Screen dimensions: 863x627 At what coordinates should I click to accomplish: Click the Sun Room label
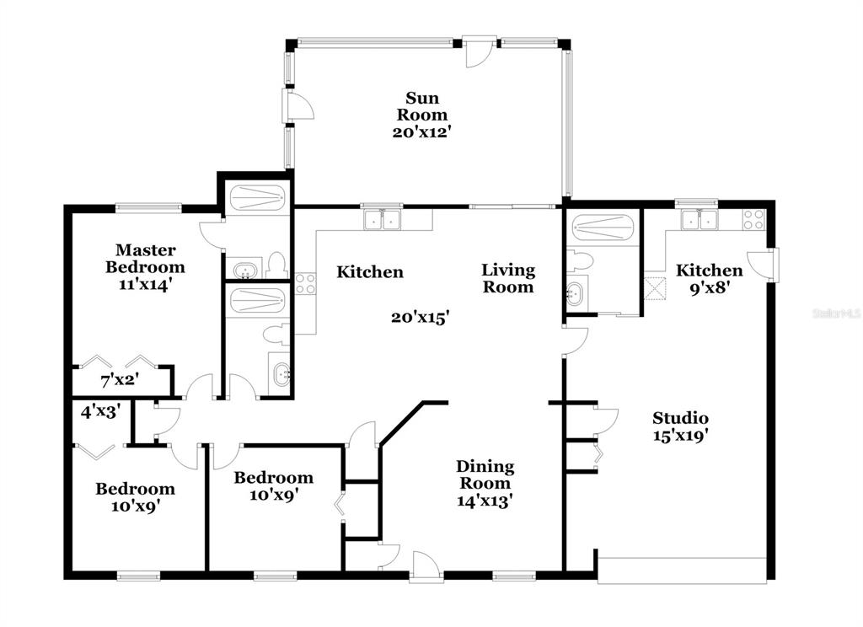coord(422,106)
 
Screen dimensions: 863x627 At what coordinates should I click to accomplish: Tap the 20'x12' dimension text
coord(422,132)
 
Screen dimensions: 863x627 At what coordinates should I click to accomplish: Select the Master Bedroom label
coord(145,258)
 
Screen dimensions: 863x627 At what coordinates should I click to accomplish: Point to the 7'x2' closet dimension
coord(120,379)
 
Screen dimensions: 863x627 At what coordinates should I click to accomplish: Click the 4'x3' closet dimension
coord(101,411)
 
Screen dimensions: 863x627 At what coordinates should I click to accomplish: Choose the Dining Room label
coord(485,474)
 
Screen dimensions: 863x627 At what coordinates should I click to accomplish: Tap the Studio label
coord(680,417)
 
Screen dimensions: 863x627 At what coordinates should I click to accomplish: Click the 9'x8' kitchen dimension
coord(710,287)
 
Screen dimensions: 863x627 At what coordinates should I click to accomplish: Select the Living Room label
coord(508,278)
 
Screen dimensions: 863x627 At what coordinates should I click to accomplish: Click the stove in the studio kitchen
coord(753,220)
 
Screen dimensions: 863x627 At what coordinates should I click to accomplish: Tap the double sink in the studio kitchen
coord(699,219)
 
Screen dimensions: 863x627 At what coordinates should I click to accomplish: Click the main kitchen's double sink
coord(383,219)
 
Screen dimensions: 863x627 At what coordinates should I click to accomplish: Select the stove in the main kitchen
coord(305,283)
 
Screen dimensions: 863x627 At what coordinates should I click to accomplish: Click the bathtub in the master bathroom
coord(257,196)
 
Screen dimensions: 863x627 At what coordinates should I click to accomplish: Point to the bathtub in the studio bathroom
coord(601,227)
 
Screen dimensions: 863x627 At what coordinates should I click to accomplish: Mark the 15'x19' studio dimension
coord(680,436)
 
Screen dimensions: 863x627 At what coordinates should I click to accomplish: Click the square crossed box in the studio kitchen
coord(656,289)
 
